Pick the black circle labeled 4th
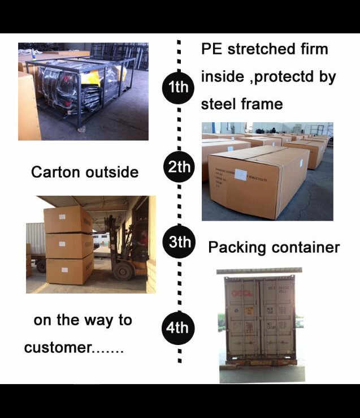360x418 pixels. [178, 327]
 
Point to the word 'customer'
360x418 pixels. [57, 347]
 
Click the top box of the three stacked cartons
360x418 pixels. [68, 220]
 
